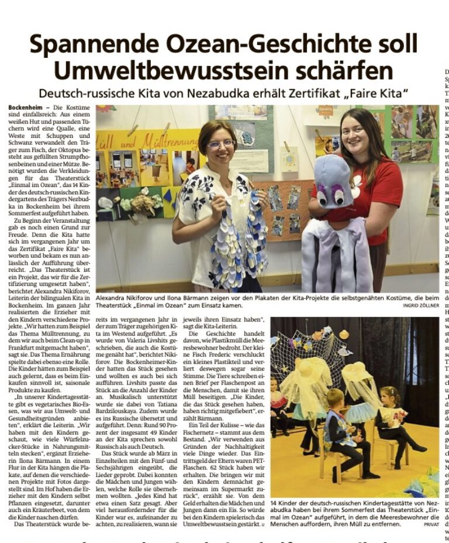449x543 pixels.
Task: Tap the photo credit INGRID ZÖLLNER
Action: coord(420,306)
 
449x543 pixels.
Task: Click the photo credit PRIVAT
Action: coord(430,525)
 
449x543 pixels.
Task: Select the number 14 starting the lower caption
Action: coord(274,503)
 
